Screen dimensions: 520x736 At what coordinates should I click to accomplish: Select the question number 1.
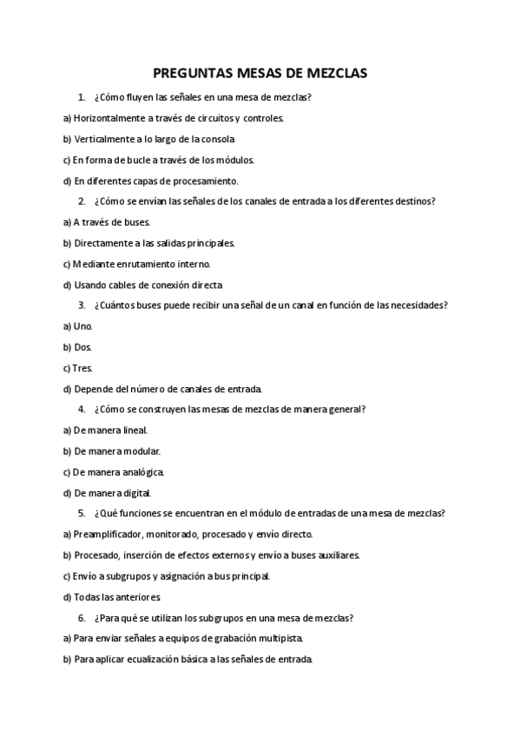[81, 97]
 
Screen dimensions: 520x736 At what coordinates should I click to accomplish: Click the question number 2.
[81, 201]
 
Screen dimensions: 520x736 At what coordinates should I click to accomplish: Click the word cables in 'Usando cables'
[121, 285]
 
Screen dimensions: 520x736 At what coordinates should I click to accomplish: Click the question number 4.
[81, 410]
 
